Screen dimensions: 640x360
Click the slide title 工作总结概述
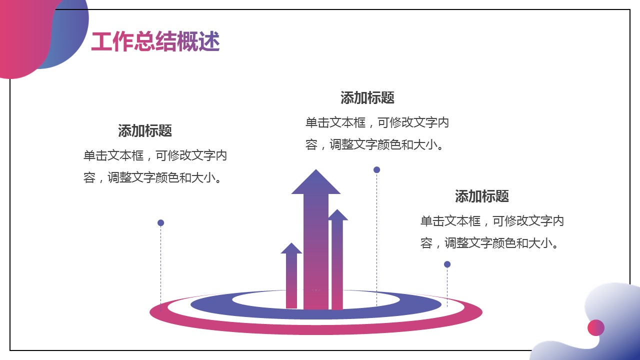click(x=155, y=41)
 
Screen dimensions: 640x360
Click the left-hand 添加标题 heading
click(x=145, y=130)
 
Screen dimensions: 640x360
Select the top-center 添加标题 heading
click(x=367, y=97)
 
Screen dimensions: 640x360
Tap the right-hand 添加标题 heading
click(x=482, y=196)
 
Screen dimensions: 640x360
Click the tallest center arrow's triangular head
click(x=315, y=183)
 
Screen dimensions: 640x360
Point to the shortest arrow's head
click(x=291, y=248)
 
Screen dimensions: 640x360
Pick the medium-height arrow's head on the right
click(x=337, y=215)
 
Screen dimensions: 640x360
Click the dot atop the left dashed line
click(x=161, y=223)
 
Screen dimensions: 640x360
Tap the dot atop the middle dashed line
click(x=377, y=170)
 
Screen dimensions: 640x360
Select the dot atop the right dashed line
click(x=447, y=264)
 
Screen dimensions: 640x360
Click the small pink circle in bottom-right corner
click(x=596, y=327)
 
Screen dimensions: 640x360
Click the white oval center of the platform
click(x=315, y=300)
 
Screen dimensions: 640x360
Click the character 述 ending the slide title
click(x=209, y=41)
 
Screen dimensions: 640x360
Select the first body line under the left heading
click(x=155, y=155)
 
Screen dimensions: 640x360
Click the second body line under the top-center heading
click(x=374, y=144)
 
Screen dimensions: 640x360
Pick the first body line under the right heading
click(x=492, y=221)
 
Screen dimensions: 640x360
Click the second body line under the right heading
click(x=489, y=243)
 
